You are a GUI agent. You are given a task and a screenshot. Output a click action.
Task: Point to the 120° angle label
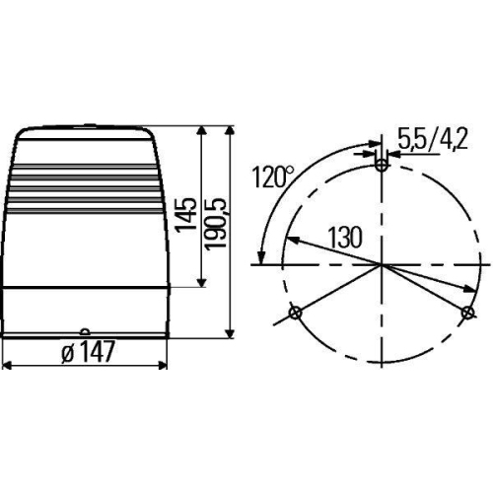(x=273, y=177)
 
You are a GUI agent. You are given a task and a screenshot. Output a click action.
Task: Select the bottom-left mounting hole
(x=294, y=314)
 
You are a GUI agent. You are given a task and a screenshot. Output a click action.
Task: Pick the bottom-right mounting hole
(x=467, y=313)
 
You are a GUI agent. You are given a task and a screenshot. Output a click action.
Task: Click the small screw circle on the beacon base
(x=85, y=332)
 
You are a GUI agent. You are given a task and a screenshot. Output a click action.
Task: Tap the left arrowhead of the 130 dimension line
(x=291, y=238)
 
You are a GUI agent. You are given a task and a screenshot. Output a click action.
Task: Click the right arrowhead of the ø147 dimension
(x=164, y=365)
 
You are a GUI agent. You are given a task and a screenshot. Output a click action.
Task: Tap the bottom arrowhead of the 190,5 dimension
(x=231, y=333)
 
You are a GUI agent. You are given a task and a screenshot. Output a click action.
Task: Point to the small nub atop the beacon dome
(x=87, y=125)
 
